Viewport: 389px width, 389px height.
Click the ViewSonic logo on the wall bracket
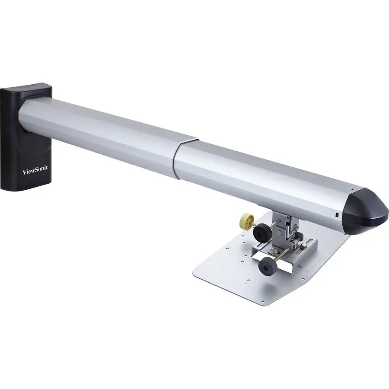pyautogui.click(x=35, y=172)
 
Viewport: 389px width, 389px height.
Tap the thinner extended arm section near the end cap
pyautogui.click(x=259, y=173)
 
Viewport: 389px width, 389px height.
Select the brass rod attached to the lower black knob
pyautogui.click(x=281, y=258)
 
